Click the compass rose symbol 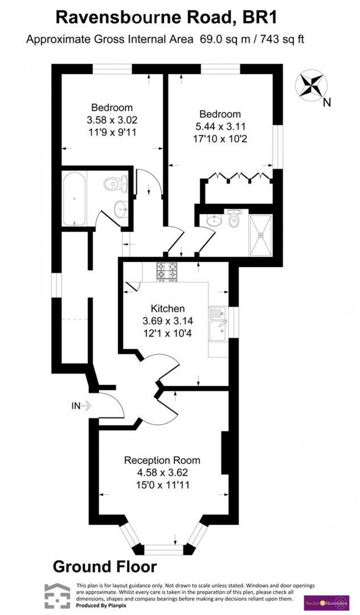311,85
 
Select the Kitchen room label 168,309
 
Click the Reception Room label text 162,460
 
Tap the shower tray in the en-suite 261,235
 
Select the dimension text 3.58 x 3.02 112,120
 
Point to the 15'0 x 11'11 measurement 163,485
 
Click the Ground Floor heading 105,567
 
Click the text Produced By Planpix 101,605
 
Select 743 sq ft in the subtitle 282,39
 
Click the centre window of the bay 163,550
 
